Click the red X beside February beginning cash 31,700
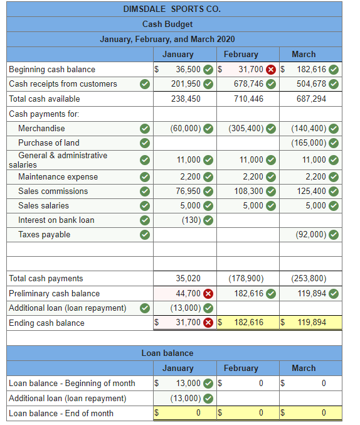[273, 69]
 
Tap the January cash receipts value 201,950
[186, 83]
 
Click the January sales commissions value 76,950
[187, 191]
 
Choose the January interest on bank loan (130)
[191, 220]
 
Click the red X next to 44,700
[208, 293]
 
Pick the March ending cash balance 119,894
[312, 323]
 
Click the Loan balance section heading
[167, 353]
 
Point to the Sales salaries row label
[44, 205]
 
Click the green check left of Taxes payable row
[144, 235]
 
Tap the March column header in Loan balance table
[304, 368]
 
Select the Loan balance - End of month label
[61, 413]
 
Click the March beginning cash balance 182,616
[311, 69]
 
